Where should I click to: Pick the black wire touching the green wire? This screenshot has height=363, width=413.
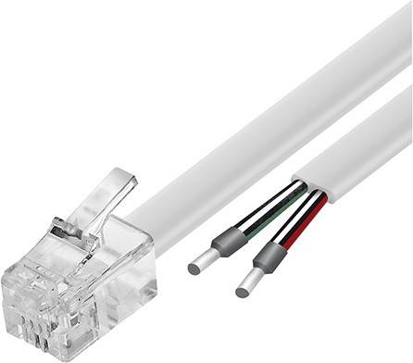(x=269, y=199)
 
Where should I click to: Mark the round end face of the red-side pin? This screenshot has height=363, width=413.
(x=240, y=292)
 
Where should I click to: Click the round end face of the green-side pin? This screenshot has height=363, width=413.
(x=193, y=269)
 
